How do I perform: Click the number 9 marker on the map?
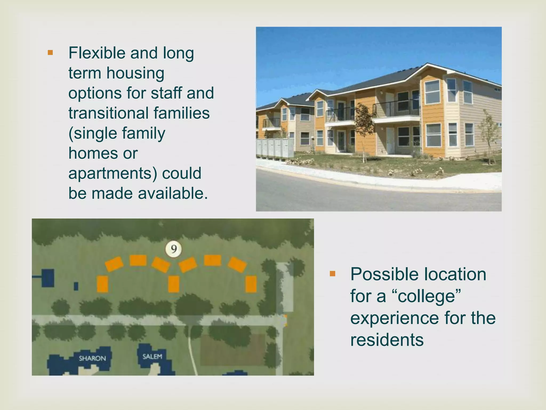click(x=174, y=249)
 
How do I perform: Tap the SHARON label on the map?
click(x=92, y=358)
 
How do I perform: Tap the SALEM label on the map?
click(x=152, y=357)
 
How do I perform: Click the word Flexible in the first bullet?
click(x=97, y=53)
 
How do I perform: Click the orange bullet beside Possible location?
click(x=332, y=274)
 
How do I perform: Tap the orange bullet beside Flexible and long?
click(x=50, y=53)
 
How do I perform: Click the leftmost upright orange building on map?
click(x=102, y=284)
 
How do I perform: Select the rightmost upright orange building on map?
click(x=251, y=284)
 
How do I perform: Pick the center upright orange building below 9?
click(x=174, y=284)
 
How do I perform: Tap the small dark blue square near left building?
click(x=76, y=286)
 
